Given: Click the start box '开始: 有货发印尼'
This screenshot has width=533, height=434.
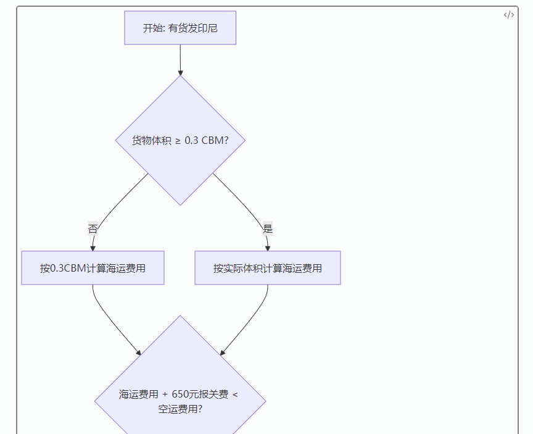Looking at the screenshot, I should [180, 28].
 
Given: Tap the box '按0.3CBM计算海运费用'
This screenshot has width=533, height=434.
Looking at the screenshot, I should [93, 268].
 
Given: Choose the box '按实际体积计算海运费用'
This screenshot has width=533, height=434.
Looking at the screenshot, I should [268, 268].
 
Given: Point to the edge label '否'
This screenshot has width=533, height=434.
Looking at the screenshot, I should [93, 228].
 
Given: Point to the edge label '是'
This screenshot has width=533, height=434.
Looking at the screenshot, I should [267, 228].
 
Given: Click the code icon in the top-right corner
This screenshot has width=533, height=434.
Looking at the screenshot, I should [508, 15].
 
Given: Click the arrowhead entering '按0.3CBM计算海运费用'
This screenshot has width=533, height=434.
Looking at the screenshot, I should [93, 248].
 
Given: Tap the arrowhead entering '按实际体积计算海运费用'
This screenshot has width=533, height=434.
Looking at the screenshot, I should [268, 248].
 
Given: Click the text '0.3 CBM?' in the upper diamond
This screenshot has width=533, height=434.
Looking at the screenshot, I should [207, 140].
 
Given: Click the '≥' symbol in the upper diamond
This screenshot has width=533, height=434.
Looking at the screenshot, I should [177, 140].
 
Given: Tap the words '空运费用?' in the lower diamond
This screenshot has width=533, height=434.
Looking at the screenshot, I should [180, 409].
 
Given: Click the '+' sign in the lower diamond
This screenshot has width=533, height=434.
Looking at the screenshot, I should [165, 394].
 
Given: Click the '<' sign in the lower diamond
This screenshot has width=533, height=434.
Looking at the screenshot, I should [235, 394].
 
